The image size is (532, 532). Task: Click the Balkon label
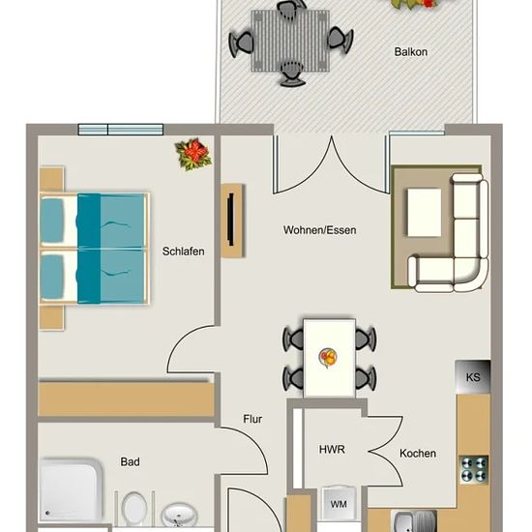(410, 52)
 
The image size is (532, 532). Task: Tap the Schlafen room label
(183, 251)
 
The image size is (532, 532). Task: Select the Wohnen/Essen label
(319, 230)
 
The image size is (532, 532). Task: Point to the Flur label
(252, 419)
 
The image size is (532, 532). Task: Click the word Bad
(130, 461)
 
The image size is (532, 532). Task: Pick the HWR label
(332, 450)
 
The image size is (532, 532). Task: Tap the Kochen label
(418, 454)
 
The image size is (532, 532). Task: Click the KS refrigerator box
(473, 377)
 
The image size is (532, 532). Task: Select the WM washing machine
(339, 504)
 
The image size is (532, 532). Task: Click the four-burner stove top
(474, 469)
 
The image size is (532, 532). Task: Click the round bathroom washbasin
(179, 515)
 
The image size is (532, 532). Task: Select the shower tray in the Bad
(71, 489)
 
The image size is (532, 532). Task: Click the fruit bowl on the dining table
(328, 358)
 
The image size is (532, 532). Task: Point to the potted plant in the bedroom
(193, 154)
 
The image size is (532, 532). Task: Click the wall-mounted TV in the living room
(231, 220)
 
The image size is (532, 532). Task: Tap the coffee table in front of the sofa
(424, 213)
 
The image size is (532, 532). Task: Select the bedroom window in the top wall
(121, 130)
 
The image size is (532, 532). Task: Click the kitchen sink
(415, 520)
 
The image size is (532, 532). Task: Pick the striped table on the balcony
(290, 41)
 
